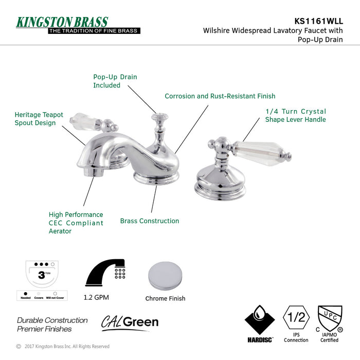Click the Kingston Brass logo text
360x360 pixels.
(x=62, y=22)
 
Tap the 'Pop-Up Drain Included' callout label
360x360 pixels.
(x=115, y=81)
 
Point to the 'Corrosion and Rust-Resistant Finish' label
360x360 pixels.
(x=220, y=96)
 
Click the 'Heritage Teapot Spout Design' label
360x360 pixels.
(x=39, y=119)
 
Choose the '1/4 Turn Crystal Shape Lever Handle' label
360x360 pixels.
(x=295, y=115)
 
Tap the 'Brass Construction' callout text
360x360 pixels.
(x=150, y=221)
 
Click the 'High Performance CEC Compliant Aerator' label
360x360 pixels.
(x=76, y=223)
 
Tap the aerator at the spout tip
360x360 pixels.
(x=94, y=170)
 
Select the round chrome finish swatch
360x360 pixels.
(x=165, y=276)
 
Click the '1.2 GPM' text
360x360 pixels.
(x=96, y=297)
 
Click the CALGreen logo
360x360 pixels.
(x=130, y=322)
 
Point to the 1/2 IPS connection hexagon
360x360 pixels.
(x=296, y=319)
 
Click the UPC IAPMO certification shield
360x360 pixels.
(x=330, y=319)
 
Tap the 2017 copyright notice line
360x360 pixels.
(x=62, y=347)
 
